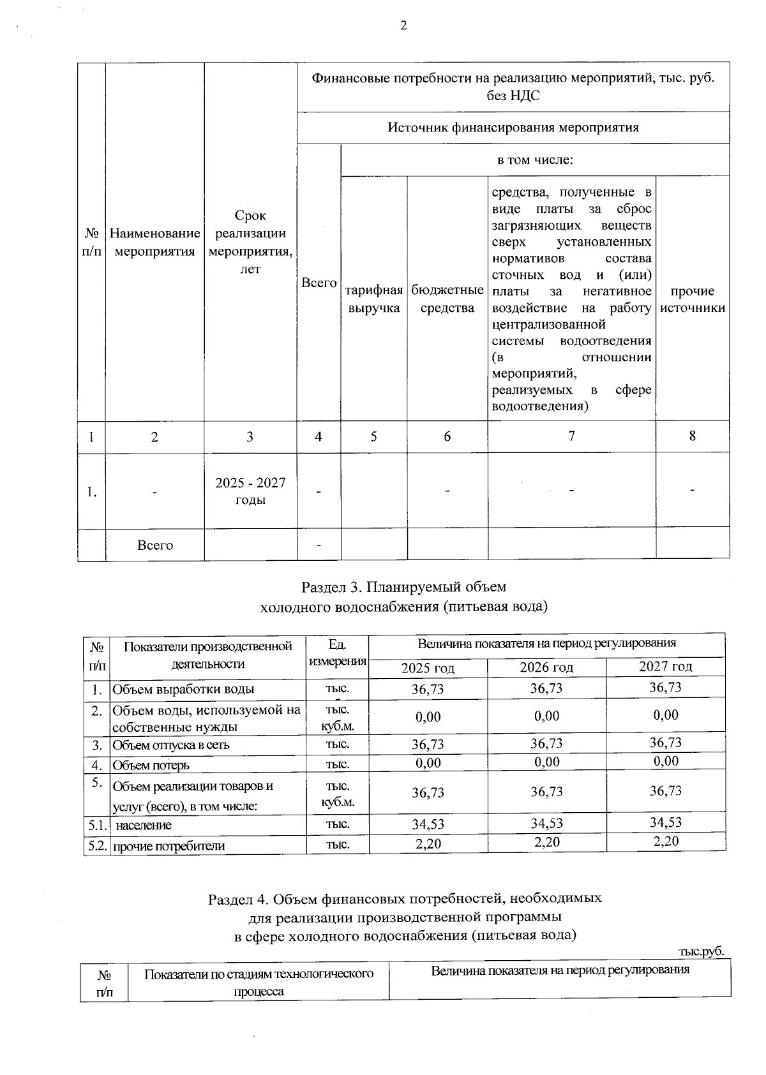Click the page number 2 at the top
click(x=403, y=26)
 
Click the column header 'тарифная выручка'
click(x=374, y=299)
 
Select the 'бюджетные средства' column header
click(x=447, y=299)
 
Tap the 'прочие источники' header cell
click(x=693, y=299)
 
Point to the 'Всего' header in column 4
click(x=319, y=283)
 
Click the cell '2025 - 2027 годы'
click(x=250, y=491)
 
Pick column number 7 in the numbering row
click(x=571, y=436)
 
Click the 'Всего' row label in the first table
click(x=155, y=545)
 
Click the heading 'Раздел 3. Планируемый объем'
click(x=403, y=586)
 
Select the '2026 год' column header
click(x=546, y=667)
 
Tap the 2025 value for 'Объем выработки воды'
click(x=428, y=689)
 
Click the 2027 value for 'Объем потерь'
click(x=666, y=760)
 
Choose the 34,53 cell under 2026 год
click(x=546, y=823)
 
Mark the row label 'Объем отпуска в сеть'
click(x=171, y=745)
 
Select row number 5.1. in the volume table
click(x=96, y=825)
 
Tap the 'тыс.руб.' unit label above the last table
click(x=702, y=951)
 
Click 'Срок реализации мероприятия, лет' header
click(x=250, y=242)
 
